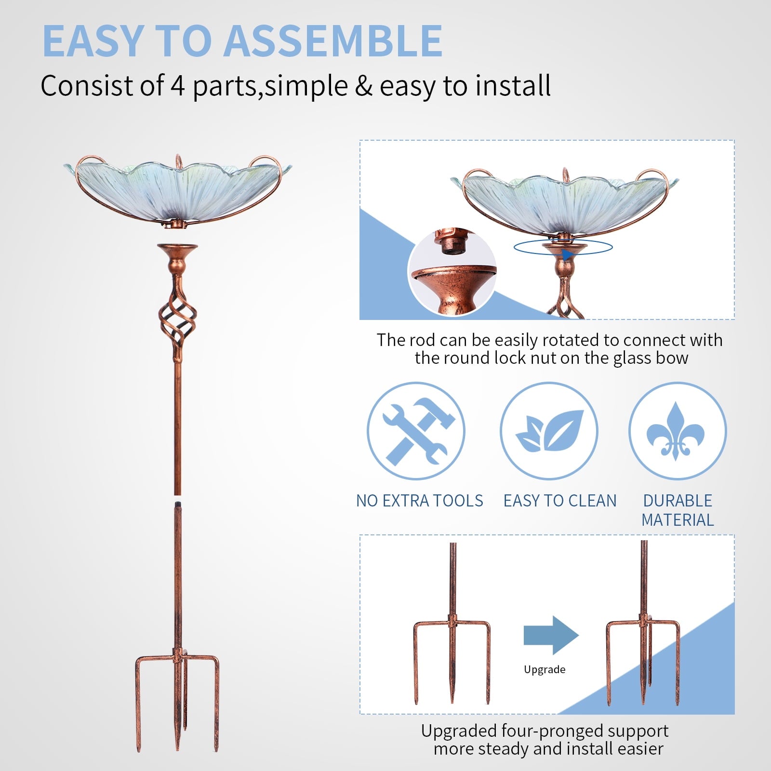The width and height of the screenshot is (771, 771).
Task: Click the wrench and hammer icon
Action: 416,431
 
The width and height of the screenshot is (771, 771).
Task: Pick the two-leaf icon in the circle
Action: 549,431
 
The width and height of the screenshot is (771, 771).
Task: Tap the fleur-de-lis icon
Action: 677,431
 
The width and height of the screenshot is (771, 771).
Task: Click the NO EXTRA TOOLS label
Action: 419,501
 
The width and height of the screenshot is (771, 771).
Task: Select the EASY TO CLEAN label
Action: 560,501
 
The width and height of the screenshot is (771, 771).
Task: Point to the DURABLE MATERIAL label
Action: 678,510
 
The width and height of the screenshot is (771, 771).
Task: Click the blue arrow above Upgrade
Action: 550,635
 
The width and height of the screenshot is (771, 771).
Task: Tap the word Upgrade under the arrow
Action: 545,669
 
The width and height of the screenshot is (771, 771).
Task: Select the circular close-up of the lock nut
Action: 452,273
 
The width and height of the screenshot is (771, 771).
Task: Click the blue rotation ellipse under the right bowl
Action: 563,248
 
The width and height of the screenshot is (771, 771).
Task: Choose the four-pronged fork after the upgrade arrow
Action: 643,651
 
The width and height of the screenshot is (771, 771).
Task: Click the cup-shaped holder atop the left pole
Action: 177,255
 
